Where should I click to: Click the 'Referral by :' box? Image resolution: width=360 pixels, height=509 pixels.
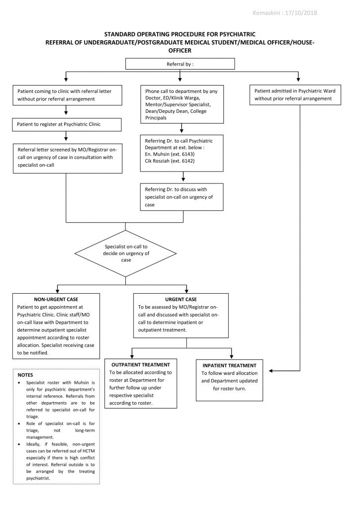click(180, 64)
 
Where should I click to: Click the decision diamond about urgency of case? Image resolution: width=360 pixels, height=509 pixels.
click(125, 253)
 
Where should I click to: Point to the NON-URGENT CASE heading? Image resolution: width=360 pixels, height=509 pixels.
click(56, 300)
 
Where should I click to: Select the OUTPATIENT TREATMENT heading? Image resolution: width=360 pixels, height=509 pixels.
click(141, 365)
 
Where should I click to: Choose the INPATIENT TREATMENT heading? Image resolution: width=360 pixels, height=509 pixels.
click(229, 365)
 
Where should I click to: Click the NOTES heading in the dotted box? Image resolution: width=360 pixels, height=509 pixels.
click(25, 375)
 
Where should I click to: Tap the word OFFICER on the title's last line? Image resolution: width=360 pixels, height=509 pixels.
click(180, 50)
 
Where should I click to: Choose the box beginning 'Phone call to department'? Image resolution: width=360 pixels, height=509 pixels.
click(181, 104)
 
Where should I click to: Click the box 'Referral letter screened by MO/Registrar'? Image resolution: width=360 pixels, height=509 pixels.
click(68, 158)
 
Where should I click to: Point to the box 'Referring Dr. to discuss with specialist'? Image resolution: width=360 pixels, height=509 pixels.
click(181, 197)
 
